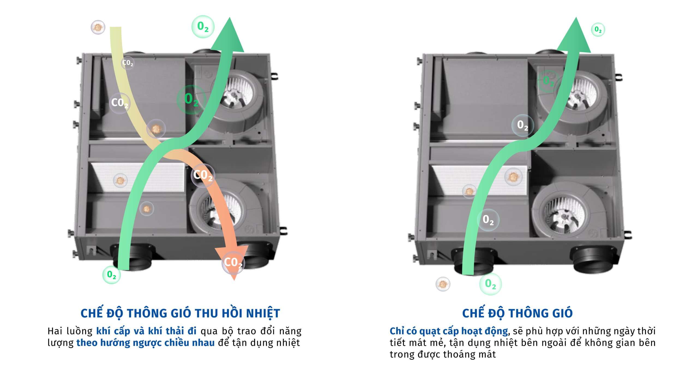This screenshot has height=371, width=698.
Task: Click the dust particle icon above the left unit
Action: (x=98, y=27)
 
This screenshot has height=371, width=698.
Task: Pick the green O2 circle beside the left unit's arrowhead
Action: (x=203, y=27)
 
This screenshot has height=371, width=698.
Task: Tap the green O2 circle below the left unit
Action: (x=112, y=275)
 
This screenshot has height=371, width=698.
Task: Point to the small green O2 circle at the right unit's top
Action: (x=598, y=29)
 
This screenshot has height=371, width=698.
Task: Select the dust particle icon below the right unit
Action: (x=443, y=284)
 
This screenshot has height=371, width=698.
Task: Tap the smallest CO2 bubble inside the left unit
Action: (x=128, y=63)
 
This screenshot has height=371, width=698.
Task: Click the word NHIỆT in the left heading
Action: (x=263, y=314)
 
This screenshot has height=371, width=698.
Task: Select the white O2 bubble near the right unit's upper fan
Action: (x=522, y=125)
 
